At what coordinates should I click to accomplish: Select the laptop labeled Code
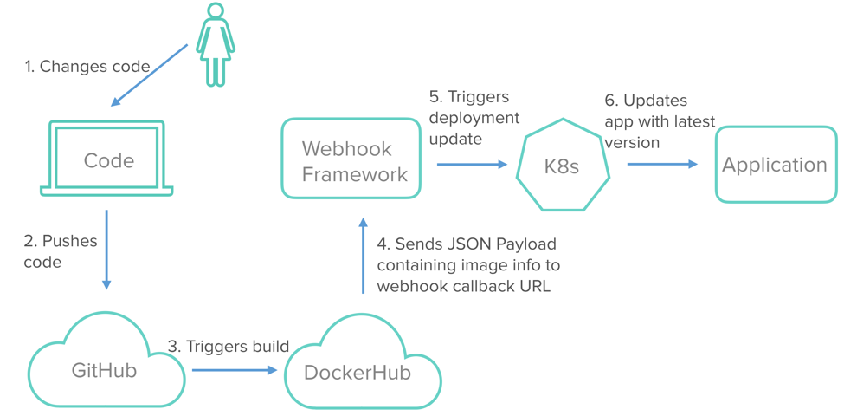(107, 160)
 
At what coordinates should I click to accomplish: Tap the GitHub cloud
(106, 369)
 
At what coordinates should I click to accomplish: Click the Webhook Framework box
(351, 159)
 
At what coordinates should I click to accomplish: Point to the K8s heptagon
(563, 165)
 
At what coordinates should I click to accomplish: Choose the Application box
(776, 165)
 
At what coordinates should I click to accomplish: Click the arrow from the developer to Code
(149, 75)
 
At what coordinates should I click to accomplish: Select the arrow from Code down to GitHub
(106, 249)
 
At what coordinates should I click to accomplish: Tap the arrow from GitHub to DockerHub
(235, 370)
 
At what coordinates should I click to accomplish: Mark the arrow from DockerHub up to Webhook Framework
(363, 256)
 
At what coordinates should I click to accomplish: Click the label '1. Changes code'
(87, 67)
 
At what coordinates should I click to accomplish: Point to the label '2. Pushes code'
(60, 251)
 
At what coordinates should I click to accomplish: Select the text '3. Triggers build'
(228, 347)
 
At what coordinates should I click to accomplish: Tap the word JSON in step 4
(469, 244)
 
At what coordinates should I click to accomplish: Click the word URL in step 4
(532, 286)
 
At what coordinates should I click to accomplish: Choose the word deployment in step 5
(474, 118)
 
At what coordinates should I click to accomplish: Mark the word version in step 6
(632, 142)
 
